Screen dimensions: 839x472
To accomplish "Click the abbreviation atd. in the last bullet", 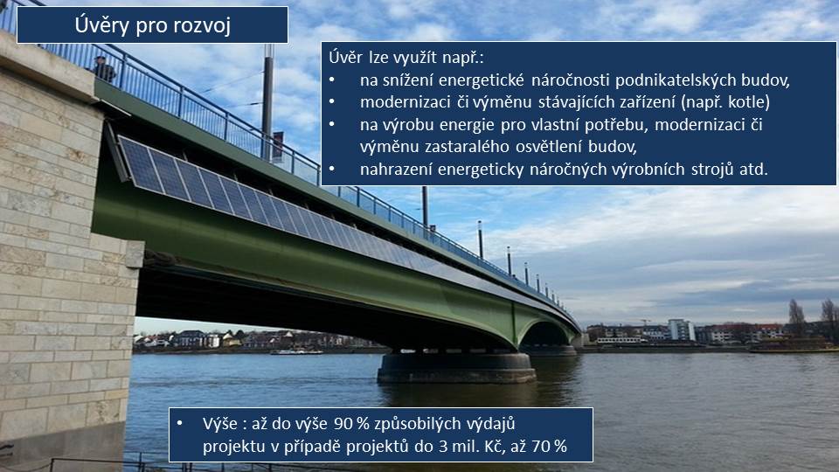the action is click(x=753, y=169).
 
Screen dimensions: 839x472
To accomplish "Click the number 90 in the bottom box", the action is click(x=343, y=424).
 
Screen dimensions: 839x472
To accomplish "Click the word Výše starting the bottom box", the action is click(x=220, y=423).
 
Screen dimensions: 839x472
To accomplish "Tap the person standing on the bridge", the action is click(x=103, y=69).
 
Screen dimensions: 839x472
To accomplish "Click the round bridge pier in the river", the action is click(x=456, y=368).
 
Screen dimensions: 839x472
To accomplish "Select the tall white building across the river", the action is click(x=681, y=330).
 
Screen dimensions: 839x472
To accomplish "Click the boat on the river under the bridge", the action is click(x=296, y=351).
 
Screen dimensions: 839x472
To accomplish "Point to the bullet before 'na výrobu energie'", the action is click(x=332, y=125).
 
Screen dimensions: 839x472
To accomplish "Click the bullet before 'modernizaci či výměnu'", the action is click(x=332, y=101).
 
